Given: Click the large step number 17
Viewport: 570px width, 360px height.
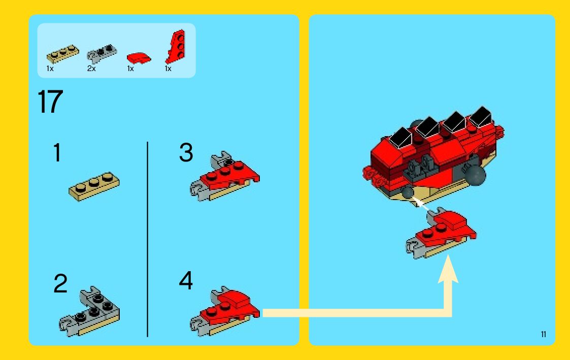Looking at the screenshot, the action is (50, 102).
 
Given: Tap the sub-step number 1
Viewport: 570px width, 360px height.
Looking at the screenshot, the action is (57, 152).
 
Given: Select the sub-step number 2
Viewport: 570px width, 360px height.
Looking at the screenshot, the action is (60, 283).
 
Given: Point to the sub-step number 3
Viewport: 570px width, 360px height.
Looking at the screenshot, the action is (186, 152).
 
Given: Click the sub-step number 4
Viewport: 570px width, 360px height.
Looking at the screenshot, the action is (186, 280).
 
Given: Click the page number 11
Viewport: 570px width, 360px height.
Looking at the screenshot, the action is (544, 334).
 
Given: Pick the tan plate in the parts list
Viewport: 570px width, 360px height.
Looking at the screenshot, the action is (62, 54).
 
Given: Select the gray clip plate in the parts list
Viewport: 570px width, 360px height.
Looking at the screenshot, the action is (102, 53).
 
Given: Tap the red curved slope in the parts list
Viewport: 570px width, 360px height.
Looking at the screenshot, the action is (139, 58).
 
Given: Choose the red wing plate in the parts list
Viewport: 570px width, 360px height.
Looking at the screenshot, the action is (176, 47).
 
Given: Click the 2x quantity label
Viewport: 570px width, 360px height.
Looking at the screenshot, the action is (91, 69).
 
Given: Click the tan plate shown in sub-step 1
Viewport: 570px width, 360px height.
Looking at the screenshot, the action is (94, 186).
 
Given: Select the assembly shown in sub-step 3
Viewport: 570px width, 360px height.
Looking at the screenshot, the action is (225, 176).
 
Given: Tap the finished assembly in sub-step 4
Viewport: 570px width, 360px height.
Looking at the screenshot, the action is (225, 311).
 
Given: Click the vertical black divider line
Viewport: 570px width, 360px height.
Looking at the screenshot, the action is (147, 239).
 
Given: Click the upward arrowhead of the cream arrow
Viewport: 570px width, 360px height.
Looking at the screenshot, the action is (448, 269).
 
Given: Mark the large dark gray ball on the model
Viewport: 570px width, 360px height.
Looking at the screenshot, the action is (476, 176).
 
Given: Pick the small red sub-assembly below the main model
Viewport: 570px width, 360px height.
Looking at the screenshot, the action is (441, 234).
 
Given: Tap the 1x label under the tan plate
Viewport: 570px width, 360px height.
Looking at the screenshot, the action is (50, 69).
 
